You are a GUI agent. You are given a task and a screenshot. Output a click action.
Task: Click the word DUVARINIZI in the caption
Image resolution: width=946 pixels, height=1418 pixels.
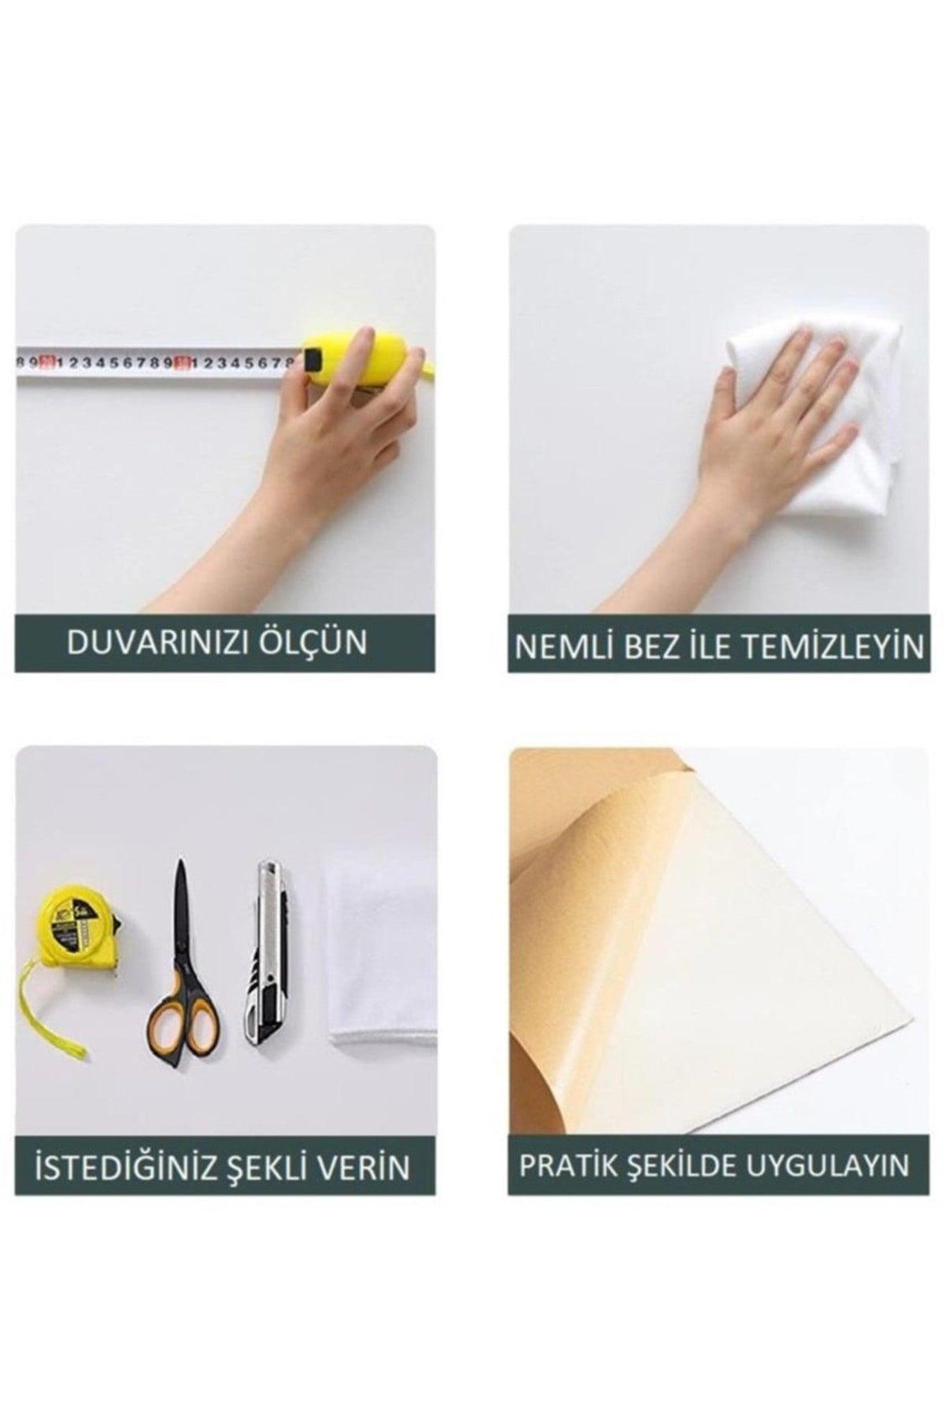point(162,643)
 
